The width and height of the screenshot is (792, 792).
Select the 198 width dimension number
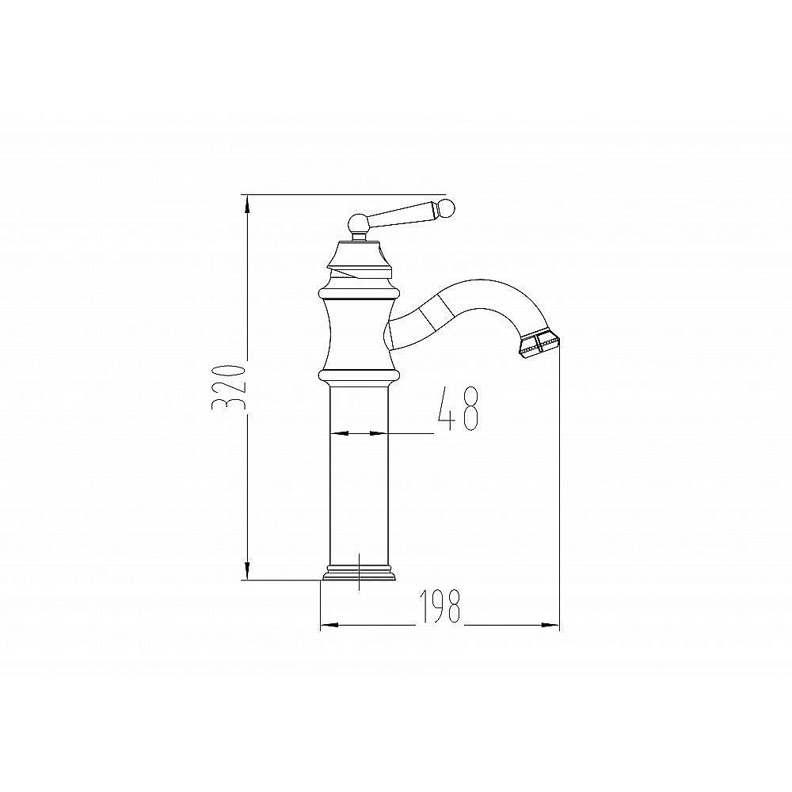point(440,606)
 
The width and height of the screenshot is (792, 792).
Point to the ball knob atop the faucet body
point(359,223)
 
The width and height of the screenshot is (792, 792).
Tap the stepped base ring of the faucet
point(359,573)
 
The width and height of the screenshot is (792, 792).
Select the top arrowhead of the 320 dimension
point(247,204)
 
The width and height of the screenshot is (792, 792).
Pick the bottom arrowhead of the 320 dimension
point(247,571)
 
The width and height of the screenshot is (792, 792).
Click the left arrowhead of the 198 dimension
point(329,626)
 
